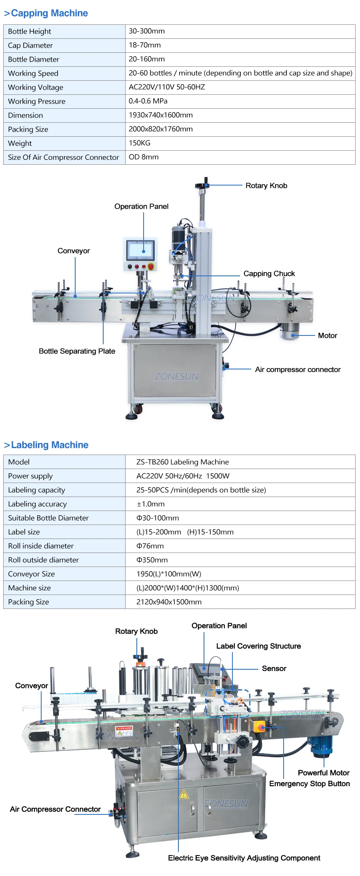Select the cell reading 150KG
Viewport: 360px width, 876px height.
(x=140, y=143)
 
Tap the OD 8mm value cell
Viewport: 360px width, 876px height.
(x=144, y=157)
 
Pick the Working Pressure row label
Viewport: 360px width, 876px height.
(x=36, y=102)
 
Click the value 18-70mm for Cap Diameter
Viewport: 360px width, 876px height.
(x=145, y=45)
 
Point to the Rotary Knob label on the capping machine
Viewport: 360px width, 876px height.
(x=266, y=186)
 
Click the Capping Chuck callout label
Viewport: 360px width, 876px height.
(x=269, y=273)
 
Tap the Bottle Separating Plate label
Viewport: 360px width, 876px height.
(x=77, y=351)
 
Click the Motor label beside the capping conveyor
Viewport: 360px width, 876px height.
(x=327, y=335)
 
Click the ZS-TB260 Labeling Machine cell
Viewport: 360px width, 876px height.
(x=182, y=462)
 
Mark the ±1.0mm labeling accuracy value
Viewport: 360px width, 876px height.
(x=150, y=504)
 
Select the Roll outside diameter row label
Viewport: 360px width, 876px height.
(x=43, y=560)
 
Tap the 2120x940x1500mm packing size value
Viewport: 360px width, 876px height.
(x=169, y=602)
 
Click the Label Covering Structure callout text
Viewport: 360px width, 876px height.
(x=258, y=646)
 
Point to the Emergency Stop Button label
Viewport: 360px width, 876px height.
(x=309, y=784)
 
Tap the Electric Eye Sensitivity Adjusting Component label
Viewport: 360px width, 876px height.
(x=244, y=858)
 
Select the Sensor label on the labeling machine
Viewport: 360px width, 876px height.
(x=274, y=668)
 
